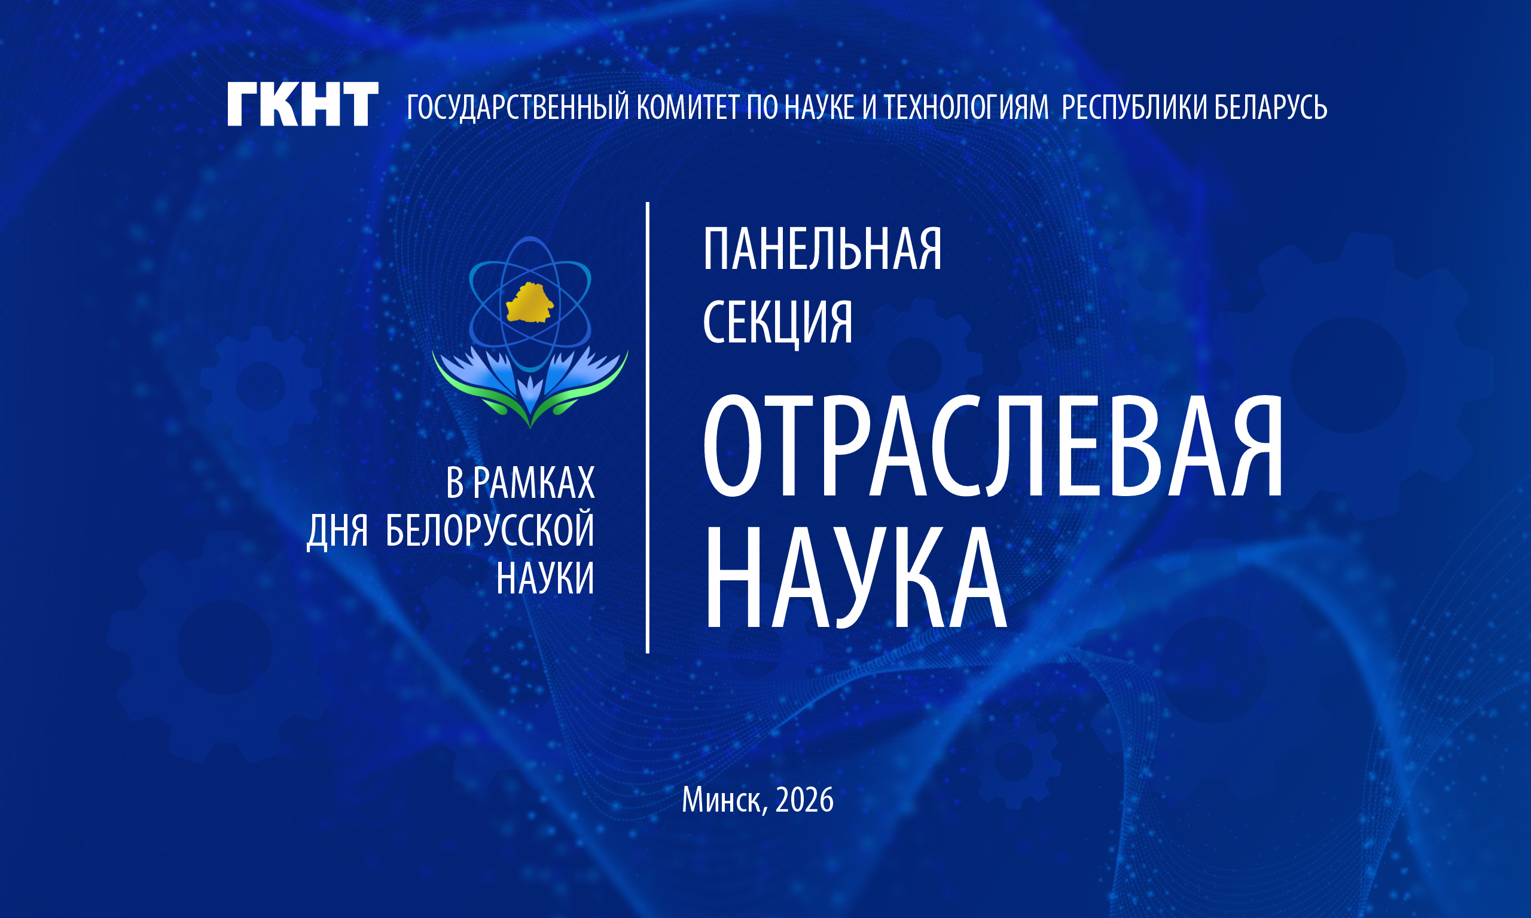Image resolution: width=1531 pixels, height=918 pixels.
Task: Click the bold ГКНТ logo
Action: [x=303, y=105]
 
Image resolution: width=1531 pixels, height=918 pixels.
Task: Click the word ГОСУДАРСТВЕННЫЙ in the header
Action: [x=519, y=108]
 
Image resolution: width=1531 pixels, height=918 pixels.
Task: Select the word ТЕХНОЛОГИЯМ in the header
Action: [x=966, y=108]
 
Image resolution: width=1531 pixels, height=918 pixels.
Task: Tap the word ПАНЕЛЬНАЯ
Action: [x=822, y=249]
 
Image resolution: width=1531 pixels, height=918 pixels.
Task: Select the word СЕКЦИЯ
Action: [x=778, y=323]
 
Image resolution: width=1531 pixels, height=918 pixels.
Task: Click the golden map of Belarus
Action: [x=530, y=302]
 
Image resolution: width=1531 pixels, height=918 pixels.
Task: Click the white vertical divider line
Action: [x=647, y=427]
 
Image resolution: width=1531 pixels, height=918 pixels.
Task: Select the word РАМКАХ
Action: [x=533, y=483]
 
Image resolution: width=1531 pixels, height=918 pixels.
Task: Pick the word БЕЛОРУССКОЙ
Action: [x=489, y=530]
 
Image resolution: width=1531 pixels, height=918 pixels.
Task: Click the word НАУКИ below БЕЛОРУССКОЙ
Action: [x=545, y=579]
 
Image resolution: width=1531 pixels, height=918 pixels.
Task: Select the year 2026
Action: [x=804, y=800]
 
